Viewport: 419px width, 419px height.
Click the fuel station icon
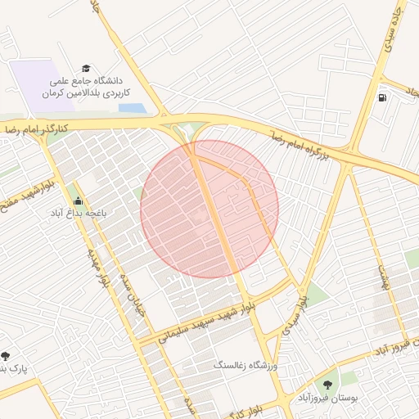point(382,97)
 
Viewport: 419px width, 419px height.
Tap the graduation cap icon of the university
point(86,69)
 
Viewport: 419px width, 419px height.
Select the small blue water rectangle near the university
point(132,107)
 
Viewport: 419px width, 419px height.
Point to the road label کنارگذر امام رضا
point(38,128)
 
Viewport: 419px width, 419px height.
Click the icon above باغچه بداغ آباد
point(77,200)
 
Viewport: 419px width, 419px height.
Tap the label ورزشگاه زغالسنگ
point(246,364)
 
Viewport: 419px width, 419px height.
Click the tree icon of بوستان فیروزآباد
point(328,383)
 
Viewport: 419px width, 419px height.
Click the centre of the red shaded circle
point(209,209)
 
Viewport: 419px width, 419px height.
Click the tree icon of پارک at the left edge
point(6,356)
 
